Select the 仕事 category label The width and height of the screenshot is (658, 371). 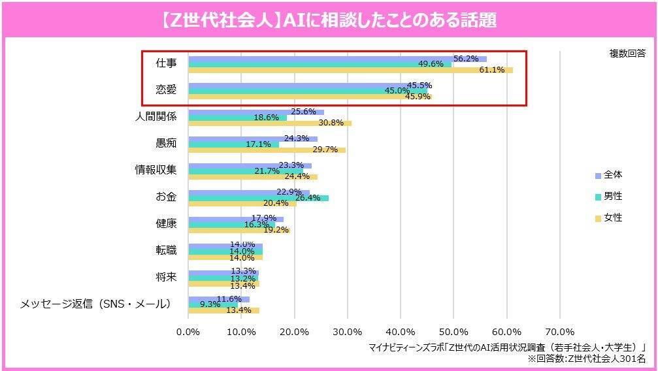click(x=165, y=64)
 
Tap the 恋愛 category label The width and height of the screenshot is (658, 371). click(x=165, y=90)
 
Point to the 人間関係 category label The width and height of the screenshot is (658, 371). click(x=156, y=117)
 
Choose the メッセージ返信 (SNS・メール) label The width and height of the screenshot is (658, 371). click(x=95, y=304)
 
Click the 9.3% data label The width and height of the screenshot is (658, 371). click(x=210, y=304)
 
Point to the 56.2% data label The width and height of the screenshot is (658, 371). click(x=466, y=58)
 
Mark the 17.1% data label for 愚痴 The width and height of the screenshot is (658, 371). click(x=258, y=144)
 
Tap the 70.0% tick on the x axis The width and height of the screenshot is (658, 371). click(x=559, y=332)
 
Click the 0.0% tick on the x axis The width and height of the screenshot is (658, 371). click(x=188, y=332)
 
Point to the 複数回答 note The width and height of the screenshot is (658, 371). click(x=627, y=54)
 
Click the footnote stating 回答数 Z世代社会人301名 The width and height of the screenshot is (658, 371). click(x=586, y=359)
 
